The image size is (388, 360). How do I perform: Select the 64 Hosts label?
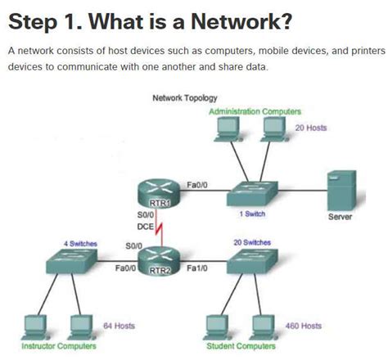(119, 326)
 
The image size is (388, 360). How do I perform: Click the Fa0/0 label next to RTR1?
(197, 185)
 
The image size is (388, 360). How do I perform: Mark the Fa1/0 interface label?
(197, 268)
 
